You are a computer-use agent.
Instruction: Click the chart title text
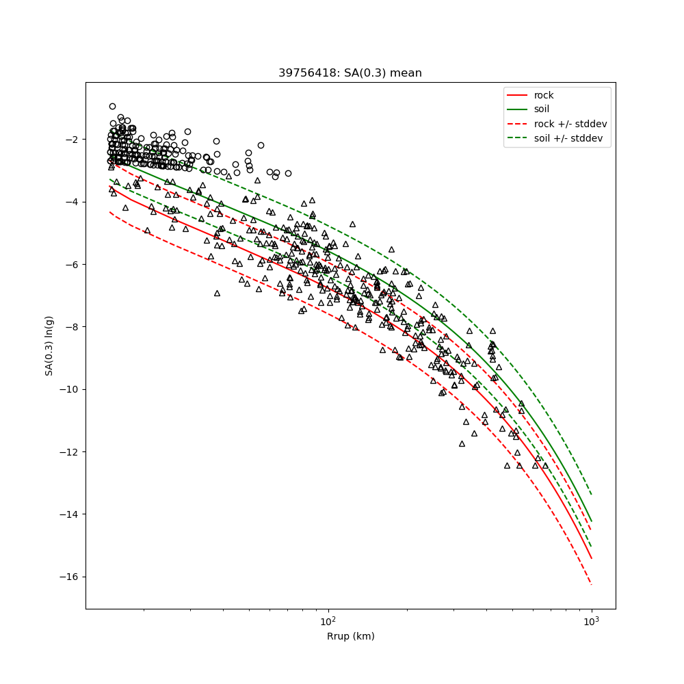[x=350, y=73]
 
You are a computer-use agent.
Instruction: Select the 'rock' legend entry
[x=544, y=95]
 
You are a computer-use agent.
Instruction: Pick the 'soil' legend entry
[x=542, y=109]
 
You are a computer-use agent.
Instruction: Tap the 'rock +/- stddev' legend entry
[x=570, y=124]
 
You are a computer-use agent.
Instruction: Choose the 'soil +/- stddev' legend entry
[x=570, y=138]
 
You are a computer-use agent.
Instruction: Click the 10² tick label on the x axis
[x=328, y=620]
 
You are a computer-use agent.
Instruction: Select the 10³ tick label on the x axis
[x=591, y=620]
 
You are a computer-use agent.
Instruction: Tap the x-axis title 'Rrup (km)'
[x=350, y=636]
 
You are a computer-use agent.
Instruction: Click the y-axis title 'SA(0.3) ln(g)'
[x=49, y=345]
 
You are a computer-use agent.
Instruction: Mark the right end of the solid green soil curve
[x=591, y=521]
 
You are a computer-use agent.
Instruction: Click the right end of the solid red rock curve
[x=591, y=558]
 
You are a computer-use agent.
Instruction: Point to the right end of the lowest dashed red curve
[x=591, y=584]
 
